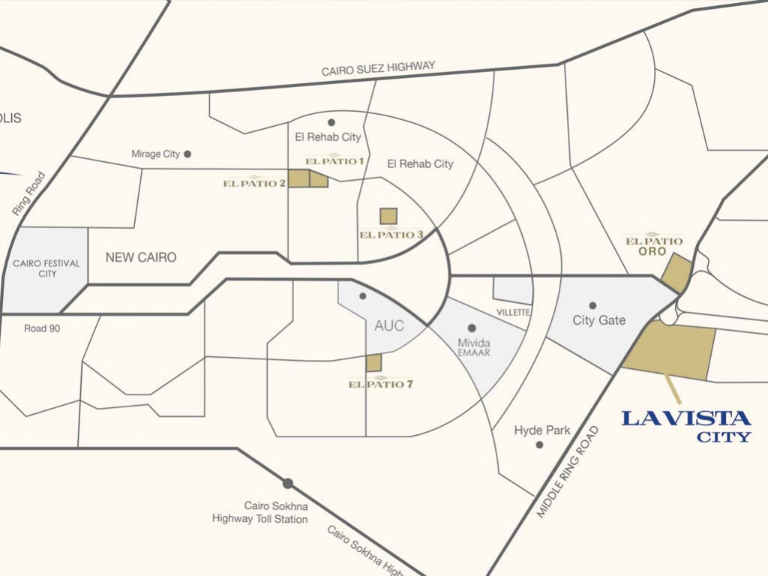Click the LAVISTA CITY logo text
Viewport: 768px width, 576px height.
coord(685,425)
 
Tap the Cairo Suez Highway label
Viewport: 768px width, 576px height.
coord(378,69)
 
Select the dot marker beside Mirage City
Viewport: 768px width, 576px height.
coord(187,154)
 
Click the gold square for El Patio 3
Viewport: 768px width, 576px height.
coord(388,216)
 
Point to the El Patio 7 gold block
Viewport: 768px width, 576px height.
coord(373,363)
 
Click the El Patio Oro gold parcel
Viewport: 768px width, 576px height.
coord(676,272)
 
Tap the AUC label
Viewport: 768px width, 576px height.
coord(389,325)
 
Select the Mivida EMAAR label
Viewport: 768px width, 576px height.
coord(473,347)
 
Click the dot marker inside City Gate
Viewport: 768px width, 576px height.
coord(592,305)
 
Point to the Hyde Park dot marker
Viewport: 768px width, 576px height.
coord(539,445)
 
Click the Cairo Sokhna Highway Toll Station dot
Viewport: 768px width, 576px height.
coord(287,483)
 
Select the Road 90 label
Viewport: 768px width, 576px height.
coord(42,328)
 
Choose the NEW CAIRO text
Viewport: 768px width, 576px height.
coord(141,257)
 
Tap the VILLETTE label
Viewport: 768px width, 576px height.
coord(514,312)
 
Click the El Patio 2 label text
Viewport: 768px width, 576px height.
coord(254,184)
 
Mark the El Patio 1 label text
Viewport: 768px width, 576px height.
coord(334,160)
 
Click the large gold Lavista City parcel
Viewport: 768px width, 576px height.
coord(670,349)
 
